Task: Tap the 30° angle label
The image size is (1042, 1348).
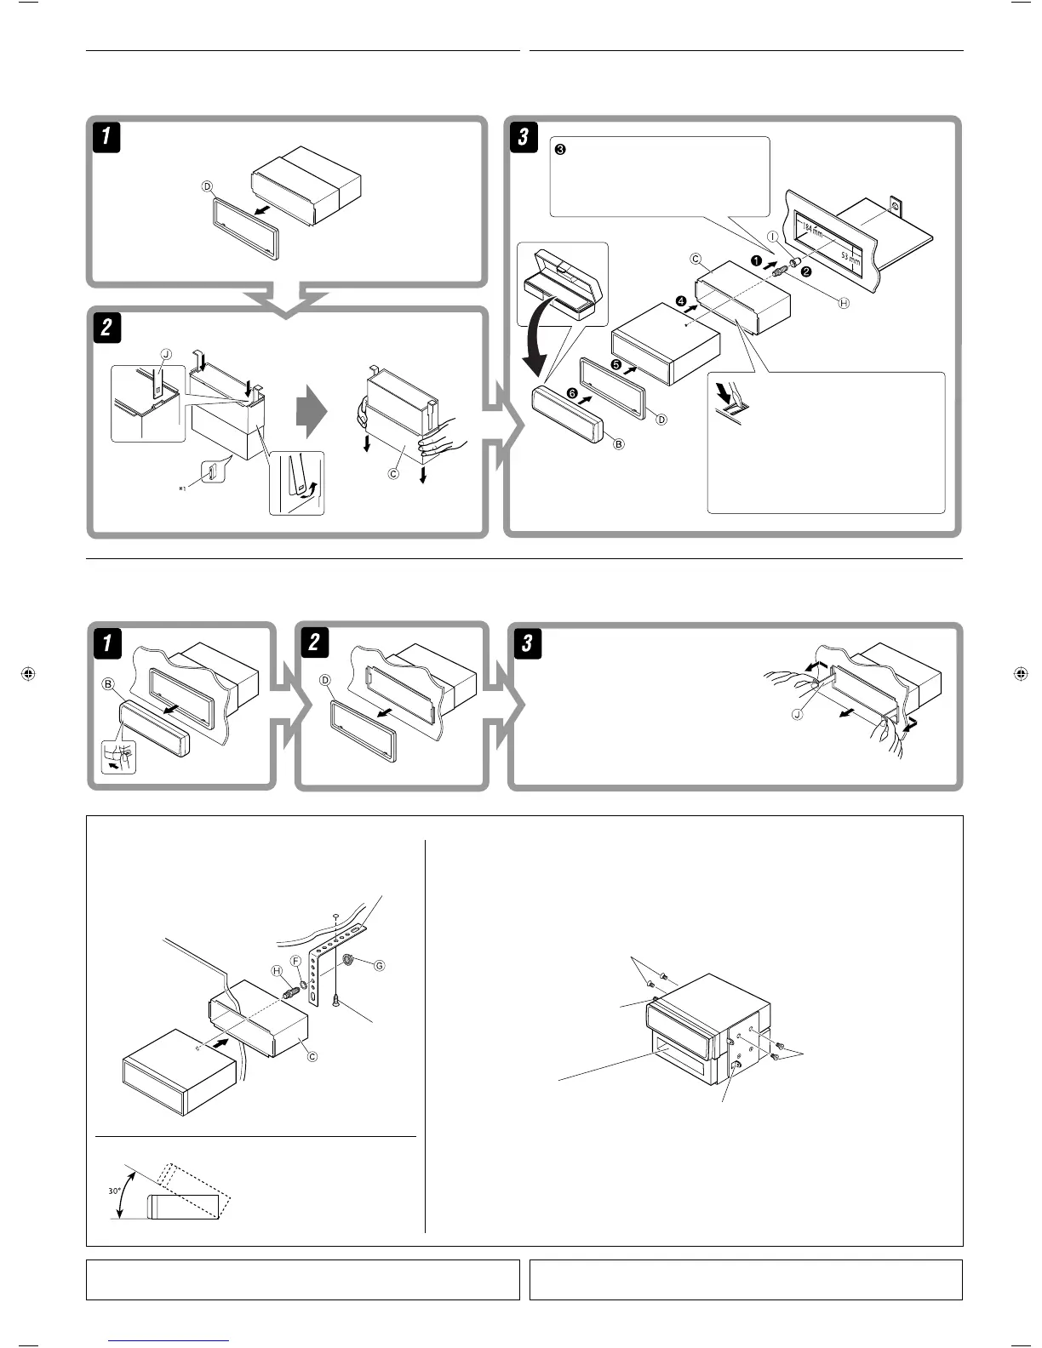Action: tap(114, 1191)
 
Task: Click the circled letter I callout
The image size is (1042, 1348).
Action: tap(772, 237)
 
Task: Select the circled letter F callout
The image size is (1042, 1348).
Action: tap(296, 960)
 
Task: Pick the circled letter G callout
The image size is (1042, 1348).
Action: tap(380, 965)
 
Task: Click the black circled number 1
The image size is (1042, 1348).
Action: tap(754, 261)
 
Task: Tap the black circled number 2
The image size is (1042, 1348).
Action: tap(806, 271)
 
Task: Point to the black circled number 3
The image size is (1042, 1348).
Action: tap(559, 149)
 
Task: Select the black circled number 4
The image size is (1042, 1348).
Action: tap(681, 300)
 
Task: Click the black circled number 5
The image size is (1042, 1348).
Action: tap(615, 365)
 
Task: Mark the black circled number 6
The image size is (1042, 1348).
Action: tap(572, 392)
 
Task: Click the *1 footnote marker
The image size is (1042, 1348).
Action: tap(182, 489)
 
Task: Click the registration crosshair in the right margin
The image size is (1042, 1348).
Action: tap(1020, 674)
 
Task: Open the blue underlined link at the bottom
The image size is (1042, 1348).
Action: tap(169, 1341)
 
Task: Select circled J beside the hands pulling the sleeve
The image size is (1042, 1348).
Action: tap(797, 715)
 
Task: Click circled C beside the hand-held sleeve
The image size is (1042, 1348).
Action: tap(393, 473)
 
